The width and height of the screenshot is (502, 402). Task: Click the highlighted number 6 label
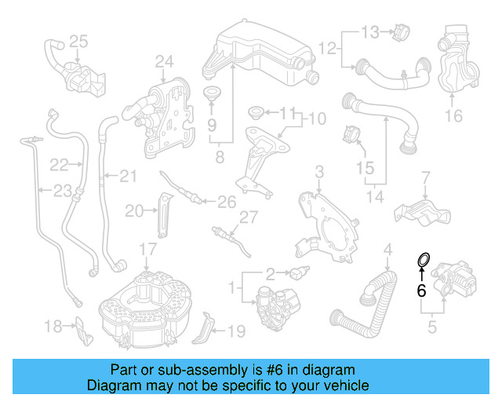(x=421, y=291)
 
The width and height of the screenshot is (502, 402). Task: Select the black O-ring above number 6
(x=422, y=259)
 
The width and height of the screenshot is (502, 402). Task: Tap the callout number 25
(x=78, y=41)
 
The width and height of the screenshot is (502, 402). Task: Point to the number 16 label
(x=454, y=117)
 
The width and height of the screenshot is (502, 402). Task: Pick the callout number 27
(x=249, y=217)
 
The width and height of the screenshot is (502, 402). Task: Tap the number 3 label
(x=319, y=171)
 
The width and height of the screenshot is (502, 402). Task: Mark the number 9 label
(x=211, y=124)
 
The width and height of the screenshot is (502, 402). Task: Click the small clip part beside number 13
(x=396, y=32)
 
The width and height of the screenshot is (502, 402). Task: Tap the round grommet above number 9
(x=211, y=96)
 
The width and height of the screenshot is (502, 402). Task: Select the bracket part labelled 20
(x=163, y=213)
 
